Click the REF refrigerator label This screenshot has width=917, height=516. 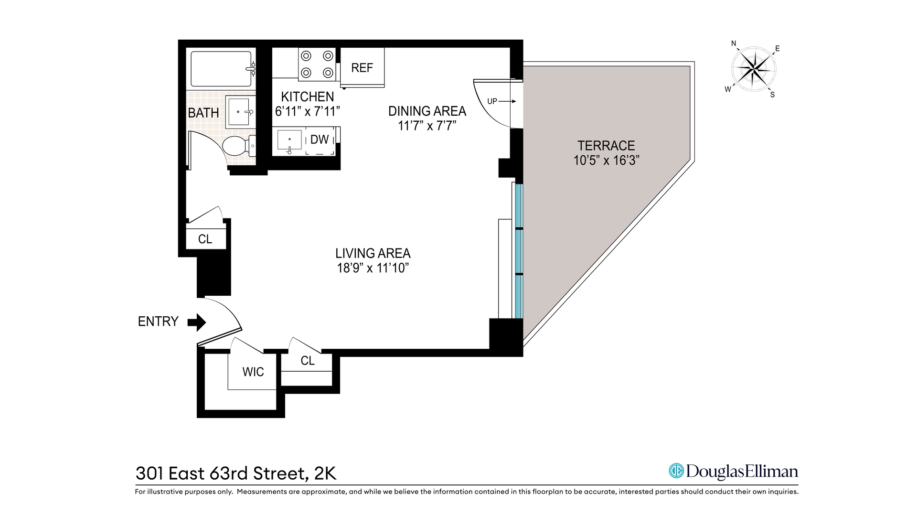point(362,68)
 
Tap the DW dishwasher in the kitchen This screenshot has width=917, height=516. point(320,140)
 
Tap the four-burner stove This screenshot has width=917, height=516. point(317,64)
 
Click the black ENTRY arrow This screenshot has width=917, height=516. point(196,322)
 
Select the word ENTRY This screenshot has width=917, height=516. point(158,322)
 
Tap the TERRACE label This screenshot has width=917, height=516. point(606,146)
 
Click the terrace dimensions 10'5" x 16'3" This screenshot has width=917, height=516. point(606,161)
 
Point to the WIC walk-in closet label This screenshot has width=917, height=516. point(253,372)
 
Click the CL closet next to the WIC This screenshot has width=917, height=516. point(308,361)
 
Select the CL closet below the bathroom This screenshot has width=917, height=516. point(205,239)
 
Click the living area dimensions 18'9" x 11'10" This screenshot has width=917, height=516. point(373,268)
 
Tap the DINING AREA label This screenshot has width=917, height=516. point(427,111)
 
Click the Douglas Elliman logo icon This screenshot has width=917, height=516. point(676,471)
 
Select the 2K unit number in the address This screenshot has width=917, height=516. point(325,473)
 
